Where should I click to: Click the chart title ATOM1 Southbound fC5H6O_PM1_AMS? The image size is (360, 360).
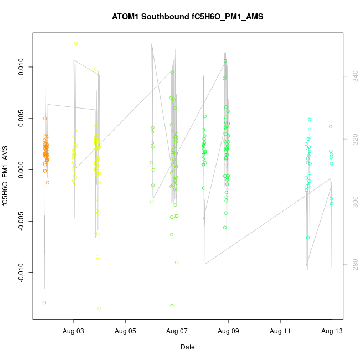[187, 17]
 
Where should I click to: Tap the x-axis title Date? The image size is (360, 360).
[187, 347]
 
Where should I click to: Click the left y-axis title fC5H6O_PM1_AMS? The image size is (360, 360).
[7, 176]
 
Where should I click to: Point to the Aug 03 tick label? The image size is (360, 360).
[74, 331]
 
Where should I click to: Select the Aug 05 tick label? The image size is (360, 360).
[125, 331]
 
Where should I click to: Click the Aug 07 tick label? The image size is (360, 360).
[177, 331]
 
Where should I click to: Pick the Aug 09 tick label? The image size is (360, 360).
[228, 331]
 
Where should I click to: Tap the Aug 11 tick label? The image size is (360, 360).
[280, 331]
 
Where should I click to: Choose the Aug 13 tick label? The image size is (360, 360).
[332, 331]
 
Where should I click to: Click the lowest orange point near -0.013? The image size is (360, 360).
[44, 302]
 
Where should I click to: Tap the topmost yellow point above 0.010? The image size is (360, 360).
[76, 43]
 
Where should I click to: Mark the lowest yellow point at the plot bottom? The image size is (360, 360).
[99, 308]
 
